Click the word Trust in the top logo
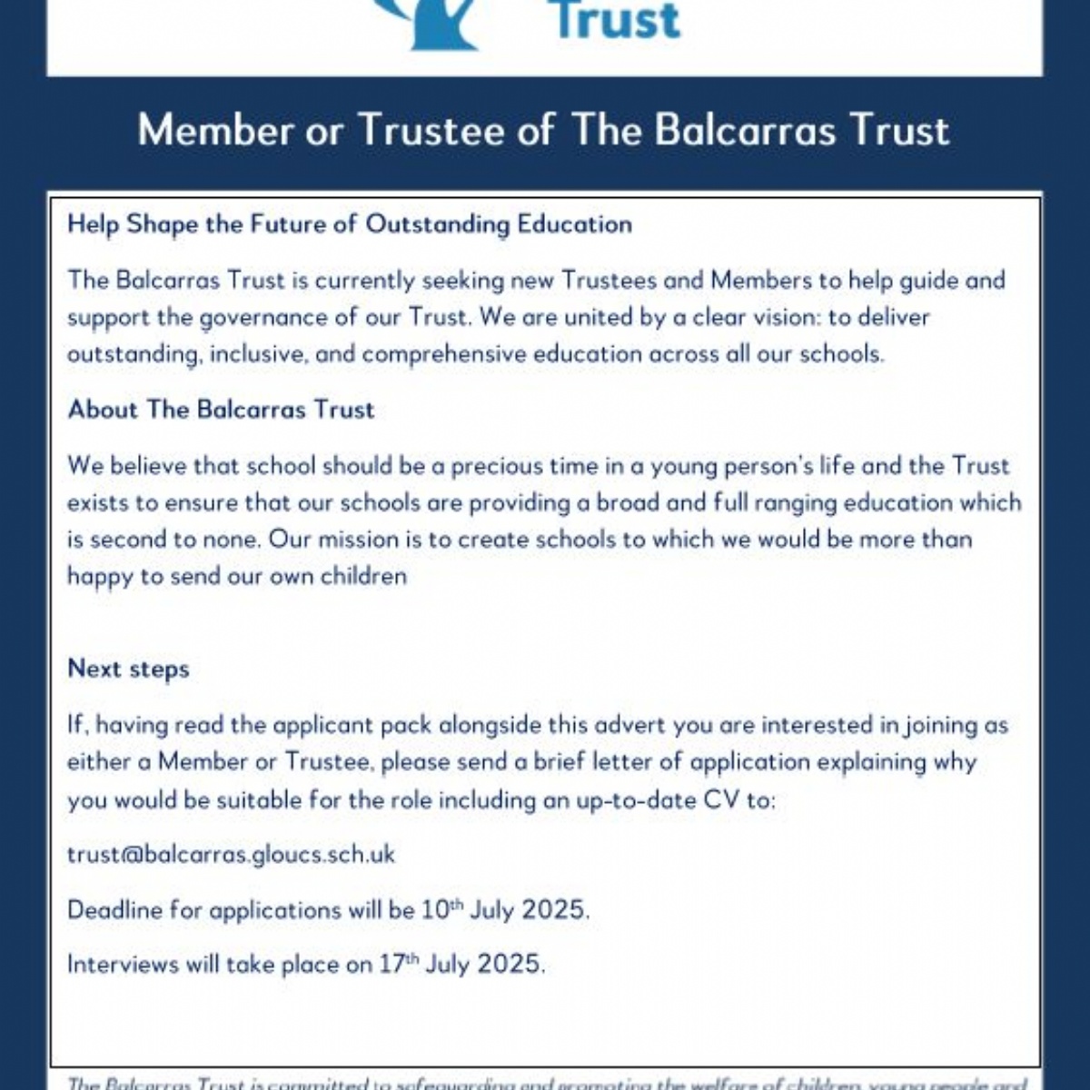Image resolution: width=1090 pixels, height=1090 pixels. [618, 20]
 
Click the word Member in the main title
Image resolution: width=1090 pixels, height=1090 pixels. [215, 130]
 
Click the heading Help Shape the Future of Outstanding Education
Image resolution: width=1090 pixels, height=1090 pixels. [350, 224]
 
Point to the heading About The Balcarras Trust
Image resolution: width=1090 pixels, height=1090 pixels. [221, 410]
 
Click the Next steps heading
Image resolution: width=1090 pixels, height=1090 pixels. [128, 669]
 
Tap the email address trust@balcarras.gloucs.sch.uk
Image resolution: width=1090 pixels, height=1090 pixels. [231, 855]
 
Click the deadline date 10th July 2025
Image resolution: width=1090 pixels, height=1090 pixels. [505, 909]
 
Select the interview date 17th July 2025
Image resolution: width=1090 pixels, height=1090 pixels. [461, 964]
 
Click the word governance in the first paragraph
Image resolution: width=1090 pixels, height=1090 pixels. [263, 318]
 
